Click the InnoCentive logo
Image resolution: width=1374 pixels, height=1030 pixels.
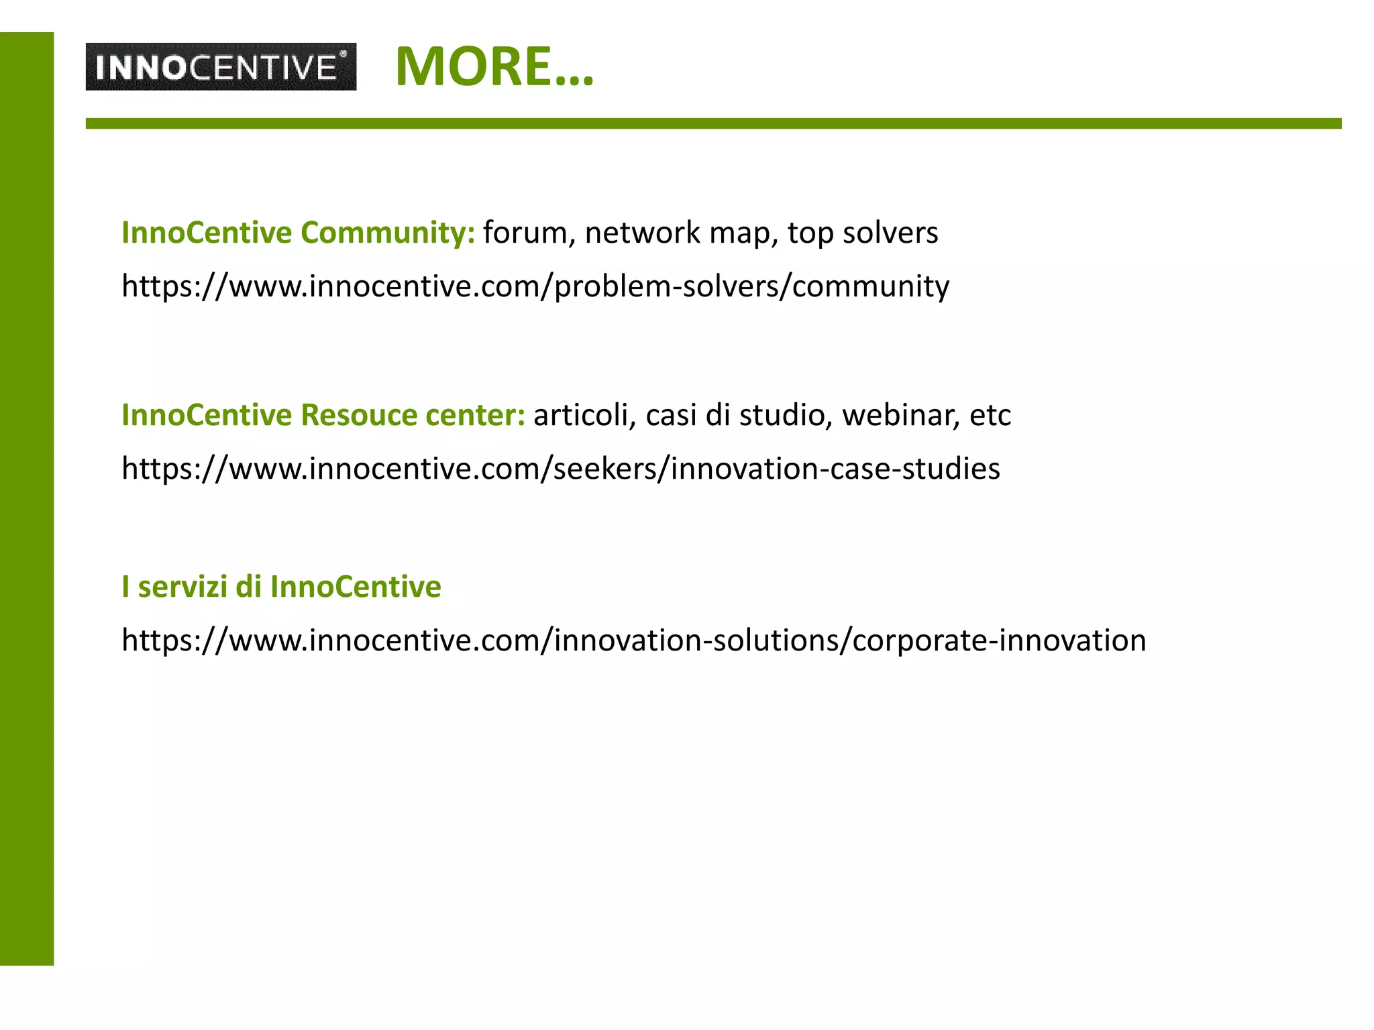(x=221, y=67)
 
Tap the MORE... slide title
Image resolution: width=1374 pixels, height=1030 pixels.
(x=494, y=66)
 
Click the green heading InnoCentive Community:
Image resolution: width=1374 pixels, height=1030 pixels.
(x=298, y=233)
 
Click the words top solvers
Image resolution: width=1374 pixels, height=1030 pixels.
(x=863, y=233)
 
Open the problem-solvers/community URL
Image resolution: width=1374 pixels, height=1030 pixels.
(x=535, y=286)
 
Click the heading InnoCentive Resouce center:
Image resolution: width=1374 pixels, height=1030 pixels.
(x=323, y=415)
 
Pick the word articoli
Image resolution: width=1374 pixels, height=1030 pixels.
(x=581, y=415)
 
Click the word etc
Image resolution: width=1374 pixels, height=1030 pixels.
(x=990, y=415)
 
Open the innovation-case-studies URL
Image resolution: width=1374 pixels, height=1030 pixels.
(x=560, y=469)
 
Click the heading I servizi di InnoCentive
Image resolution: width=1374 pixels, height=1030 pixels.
(x=281, y=587)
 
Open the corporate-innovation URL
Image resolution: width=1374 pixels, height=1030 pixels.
(x=633, y=640)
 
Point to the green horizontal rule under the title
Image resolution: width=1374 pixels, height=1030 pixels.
(x=713, y=123)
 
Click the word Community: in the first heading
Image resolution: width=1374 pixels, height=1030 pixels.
(x=388, y=233)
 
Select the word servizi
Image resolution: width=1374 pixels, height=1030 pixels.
(x=182, y=587)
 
